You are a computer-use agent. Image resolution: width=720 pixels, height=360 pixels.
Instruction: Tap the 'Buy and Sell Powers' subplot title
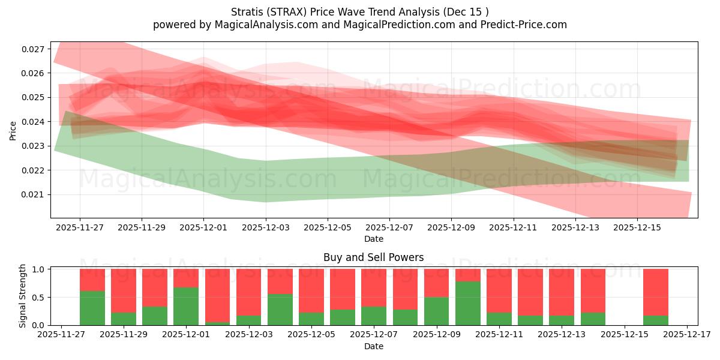[373, 257]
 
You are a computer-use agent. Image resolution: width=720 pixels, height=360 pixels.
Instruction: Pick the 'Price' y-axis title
[13, 130]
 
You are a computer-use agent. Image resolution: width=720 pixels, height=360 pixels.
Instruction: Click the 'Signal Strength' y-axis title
[23, 296]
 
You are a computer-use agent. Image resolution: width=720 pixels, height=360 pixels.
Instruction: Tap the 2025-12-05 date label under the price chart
[328, 227]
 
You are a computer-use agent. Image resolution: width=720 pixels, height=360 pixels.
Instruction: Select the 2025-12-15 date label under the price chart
[637, 227]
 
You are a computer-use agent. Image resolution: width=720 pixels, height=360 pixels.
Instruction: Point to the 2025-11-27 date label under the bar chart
[61, 334]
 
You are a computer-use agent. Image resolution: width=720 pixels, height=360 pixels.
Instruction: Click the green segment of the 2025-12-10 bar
[467, 303]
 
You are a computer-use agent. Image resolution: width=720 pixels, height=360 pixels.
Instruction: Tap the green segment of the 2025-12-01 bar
[186, 306]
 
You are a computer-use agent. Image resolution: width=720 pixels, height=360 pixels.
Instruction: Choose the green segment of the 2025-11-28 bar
[92, 308]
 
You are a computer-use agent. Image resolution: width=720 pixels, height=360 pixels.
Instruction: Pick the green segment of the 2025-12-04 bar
[280, 309]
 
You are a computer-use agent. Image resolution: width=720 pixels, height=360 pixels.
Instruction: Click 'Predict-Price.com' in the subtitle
[526, 25]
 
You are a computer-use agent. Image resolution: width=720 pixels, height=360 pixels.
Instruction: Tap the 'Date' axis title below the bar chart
[373, 346]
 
